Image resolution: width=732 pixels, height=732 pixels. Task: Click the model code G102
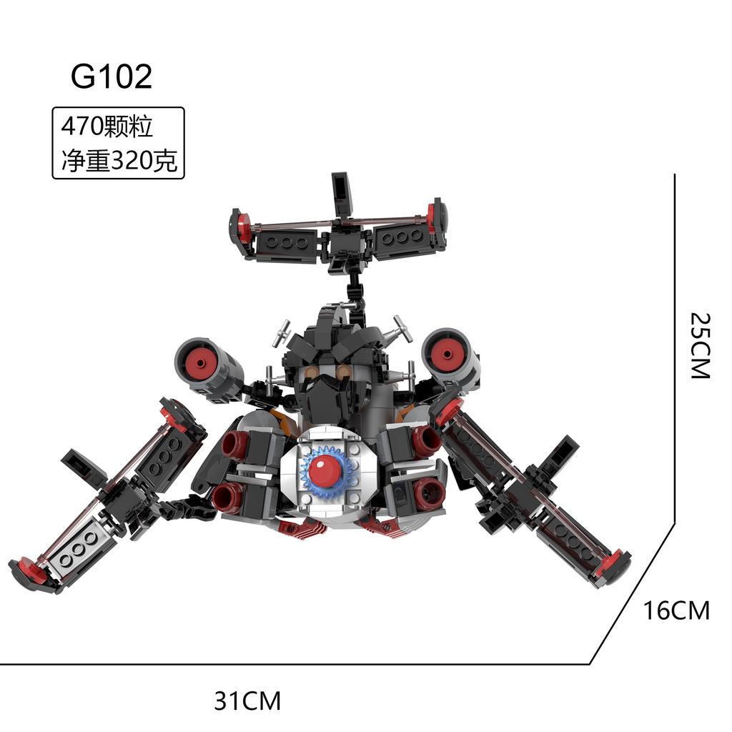(x=112, y=76)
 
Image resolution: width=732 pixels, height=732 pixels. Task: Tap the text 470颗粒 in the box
(x=107, y=126)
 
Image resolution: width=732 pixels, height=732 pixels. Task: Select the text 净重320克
(x=119, y=160)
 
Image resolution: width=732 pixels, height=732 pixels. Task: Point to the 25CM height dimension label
(x=700, y=346)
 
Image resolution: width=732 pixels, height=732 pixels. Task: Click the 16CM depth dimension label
(x=676, y=610)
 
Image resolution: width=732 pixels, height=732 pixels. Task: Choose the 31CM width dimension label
(x=247, y=701)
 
